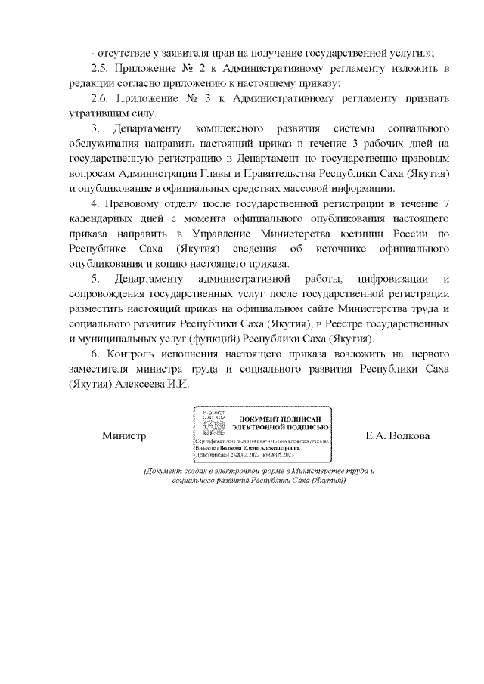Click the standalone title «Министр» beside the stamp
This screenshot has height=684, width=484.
point(124,436)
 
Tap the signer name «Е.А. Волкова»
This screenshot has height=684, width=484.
point(397,436)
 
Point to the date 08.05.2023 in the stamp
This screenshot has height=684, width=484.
point(283,457)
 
